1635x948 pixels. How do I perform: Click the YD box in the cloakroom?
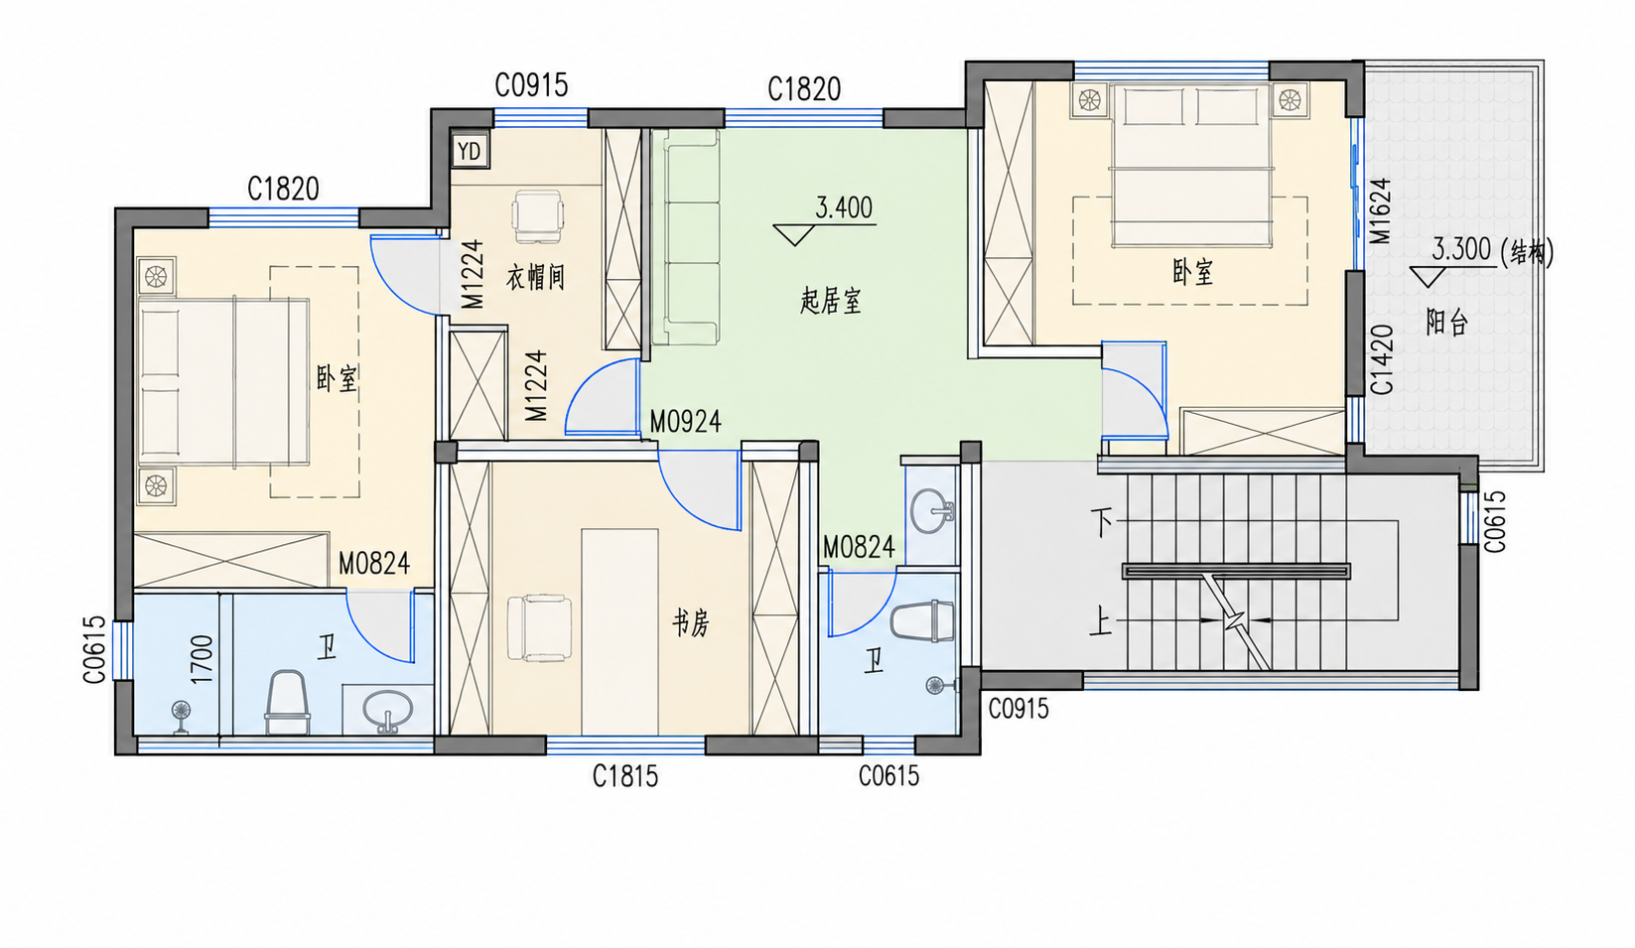click(x=470, y=151)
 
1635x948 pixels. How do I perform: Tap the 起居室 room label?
click(x=831, y=301)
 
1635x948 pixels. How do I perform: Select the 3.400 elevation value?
click(x=844, y=208)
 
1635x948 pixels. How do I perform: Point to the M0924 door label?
click(x=685, y=422)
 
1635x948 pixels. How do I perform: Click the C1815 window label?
click(x=625, y=776)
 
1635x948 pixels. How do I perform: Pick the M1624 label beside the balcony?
click(x=1380, y=211)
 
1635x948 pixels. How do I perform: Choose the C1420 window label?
click(x=1382, y=359)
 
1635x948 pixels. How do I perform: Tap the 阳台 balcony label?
click(x=1446, y=322)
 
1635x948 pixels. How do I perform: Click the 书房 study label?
click(x=690, y=624)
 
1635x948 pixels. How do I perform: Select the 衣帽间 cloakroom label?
click(x=535, y=277)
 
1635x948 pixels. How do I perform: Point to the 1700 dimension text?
click(x=202, y=660)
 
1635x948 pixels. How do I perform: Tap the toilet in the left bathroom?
click(x=286, y=702)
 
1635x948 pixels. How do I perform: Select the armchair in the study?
click(x=539, y=628)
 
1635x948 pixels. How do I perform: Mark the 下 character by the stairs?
click(x=1101, y=523)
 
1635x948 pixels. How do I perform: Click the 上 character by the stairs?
click(x=1101, y=621)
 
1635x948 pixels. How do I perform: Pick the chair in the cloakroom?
click(x=538, y=216)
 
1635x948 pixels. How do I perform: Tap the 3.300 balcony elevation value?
click(x=1461, y=249)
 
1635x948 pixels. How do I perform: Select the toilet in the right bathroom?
click(x=922, y=621)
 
